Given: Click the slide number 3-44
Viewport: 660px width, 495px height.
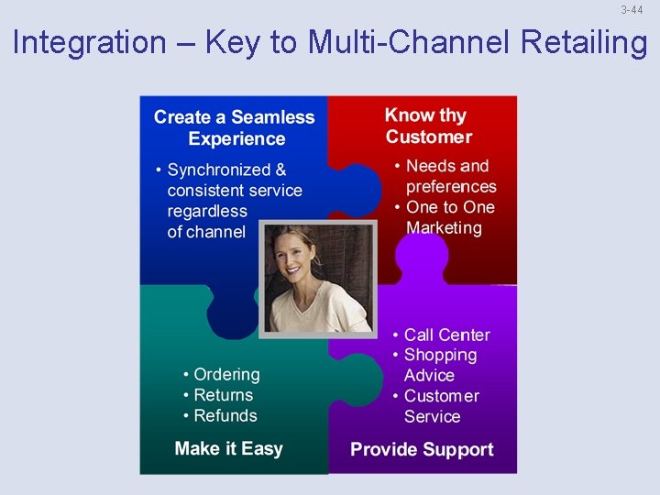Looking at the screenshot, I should coord(632,10).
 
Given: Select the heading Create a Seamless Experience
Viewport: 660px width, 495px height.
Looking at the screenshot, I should coord(234,128).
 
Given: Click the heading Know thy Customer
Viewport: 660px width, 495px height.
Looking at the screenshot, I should coord(427,126).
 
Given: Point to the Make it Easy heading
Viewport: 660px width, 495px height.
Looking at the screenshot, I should coord(228,448).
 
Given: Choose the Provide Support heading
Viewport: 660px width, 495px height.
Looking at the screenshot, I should coord(422,449).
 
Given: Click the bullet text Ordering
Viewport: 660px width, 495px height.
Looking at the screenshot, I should coord(226,374).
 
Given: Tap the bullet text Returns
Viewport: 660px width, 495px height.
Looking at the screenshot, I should coord(223,395).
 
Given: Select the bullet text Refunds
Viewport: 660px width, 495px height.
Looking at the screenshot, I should coord(225,415).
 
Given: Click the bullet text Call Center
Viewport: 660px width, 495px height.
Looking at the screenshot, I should coord(446,335).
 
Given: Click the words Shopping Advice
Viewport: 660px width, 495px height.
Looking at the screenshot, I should coord(440,365).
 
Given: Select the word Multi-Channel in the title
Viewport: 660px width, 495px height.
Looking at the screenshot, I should coord(408,42).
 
